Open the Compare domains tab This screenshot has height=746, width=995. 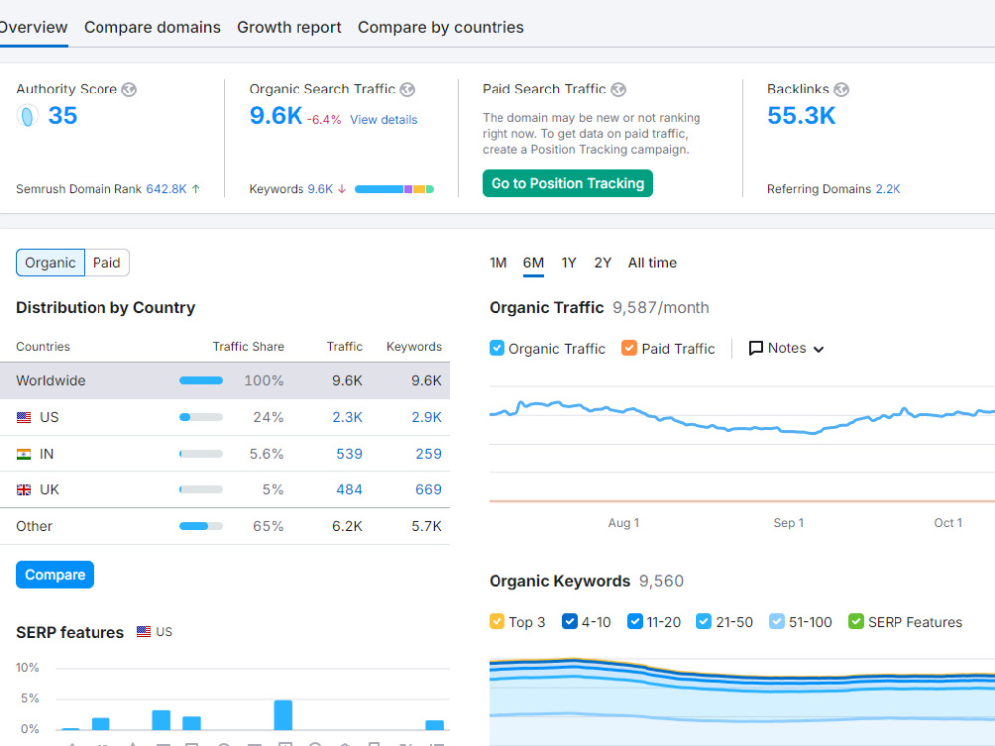pos(152,27)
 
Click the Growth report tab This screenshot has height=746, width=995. pos(290,27)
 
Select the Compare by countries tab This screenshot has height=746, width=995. pos(441,27)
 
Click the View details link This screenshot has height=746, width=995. pos(384,120)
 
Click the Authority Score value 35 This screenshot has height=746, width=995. pos(62,116)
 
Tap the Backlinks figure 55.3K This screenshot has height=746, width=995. pos(801,116)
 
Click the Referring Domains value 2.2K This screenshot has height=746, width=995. pos(888,189)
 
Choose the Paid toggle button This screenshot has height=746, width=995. pos(106,263)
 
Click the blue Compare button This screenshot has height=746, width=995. pos(55,575)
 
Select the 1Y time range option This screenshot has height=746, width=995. pos(568,263)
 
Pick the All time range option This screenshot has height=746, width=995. pos(653,263)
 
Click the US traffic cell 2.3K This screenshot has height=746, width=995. pos(347,417)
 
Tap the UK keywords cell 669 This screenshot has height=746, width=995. pos(428,489)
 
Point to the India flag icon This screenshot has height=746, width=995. pos(24,454)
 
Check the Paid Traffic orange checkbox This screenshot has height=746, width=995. pos(629,348)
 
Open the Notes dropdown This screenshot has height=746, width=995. pos(786,348)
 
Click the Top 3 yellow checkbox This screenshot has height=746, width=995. pos(497,621)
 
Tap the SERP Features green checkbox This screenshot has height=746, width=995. pos(856,621)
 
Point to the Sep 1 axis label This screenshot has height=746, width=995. pos(789,523)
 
